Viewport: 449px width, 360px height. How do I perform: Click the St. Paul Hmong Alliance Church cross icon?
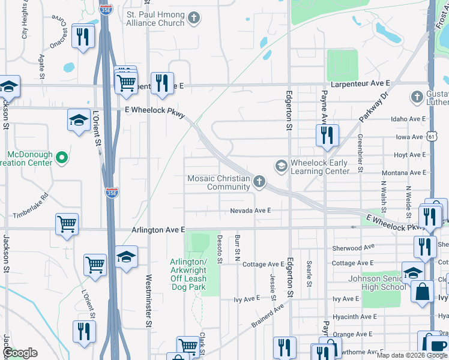[193, 18]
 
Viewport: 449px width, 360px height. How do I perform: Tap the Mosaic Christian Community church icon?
[259, 181]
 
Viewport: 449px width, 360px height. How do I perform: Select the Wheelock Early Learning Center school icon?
[280, 165]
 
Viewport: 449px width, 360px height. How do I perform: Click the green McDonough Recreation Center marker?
[61, 158]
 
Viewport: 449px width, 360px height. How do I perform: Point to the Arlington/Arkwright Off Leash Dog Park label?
[196, 274]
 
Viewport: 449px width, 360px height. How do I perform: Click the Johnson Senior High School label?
[376, 283]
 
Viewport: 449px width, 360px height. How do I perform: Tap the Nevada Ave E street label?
[251, 211]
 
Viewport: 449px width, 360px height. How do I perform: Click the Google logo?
[20, 353]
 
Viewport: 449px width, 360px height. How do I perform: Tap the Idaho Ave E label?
[408, 119]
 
